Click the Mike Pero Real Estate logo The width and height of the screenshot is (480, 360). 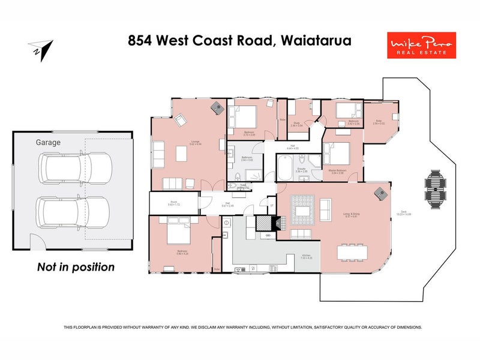coord(421,45)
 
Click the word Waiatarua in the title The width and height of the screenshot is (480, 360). coord(316,41)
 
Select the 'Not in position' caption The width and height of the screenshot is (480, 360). coord(76,267)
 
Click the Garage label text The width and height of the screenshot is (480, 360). coord(48,143)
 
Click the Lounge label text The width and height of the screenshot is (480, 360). coord(179,143)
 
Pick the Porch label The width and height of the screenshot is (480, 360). coord(174,203)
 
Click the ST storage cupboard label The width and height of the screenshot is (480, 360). coord(271,206)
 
